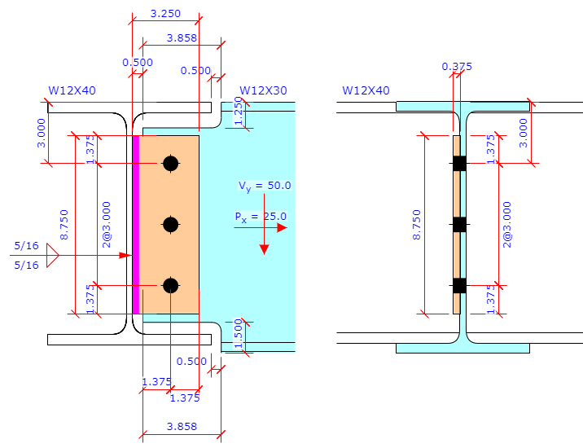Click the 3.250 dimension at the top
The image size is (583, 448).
click(166, 14)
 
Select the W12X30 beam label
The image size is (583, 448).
click(263, 90)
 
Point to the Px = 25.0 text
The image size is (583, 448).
click(260, 216)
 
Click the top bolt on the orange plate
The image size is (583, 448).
click(170, 164)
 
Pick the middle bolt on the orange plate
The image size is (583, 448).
click(170, 225)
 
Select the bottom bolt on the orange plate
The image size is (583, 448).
click(170, 285)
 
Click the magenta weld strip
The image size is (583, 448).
click(136, 224)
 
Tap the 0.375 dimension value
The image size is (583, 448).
click(456, 67)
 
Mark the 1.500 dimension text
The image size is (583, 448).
click(237, 334)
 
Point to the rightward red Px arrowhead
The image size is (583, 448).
click(282, 228)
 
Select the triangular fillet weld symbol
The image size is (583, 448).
click(53, 256)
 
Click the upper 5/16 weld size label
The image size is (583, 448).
click(26, 245)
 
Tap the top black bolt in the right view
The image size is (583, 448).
click(459, 164)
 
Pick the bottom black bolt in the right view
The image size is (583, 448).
click(459, 285)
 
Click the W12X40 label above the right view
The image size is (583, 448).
click(366, 90)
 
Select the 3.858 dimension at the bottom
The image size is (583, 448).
click(182, 426)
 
